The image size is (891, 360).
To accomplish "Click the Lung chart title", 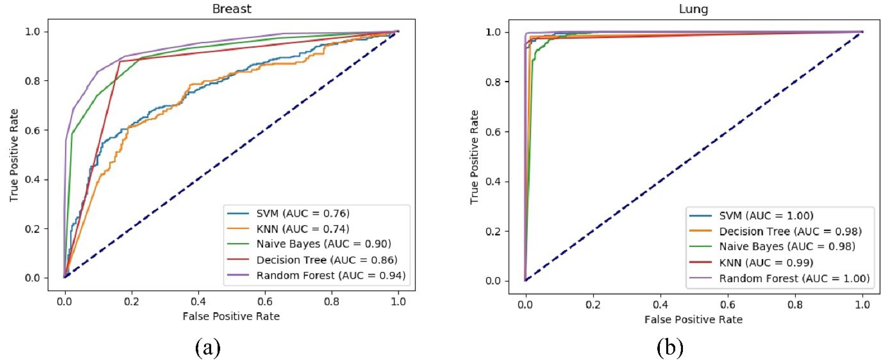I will coord(693,9).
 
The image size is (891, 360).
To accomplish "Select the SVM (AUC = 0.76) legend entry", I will coord(303,213).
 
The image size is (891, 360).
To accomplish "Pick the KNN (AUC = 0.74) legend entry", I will coord(303,229).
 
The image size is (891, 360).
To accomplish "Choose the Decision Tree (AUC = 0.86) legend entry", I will coord(327,260).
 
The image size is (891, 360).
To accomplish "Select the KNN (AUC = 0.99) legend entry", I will coord(766,262).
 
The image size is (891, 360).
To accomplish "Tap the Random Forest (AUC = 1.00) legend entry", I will coord(794,278).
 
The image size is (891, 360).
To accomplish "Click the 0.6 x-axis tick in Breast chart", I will coord(265,302).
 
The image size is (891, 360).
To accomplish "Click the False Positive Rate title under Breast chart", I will coord(231,316).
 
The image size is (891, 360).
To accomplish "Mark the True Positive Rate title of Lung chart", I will coord(474,157).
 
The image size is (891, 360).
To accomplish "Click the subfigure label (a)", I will coord(208,348).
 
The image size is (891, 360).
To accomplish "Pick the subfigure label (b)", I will coord(670,348).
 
